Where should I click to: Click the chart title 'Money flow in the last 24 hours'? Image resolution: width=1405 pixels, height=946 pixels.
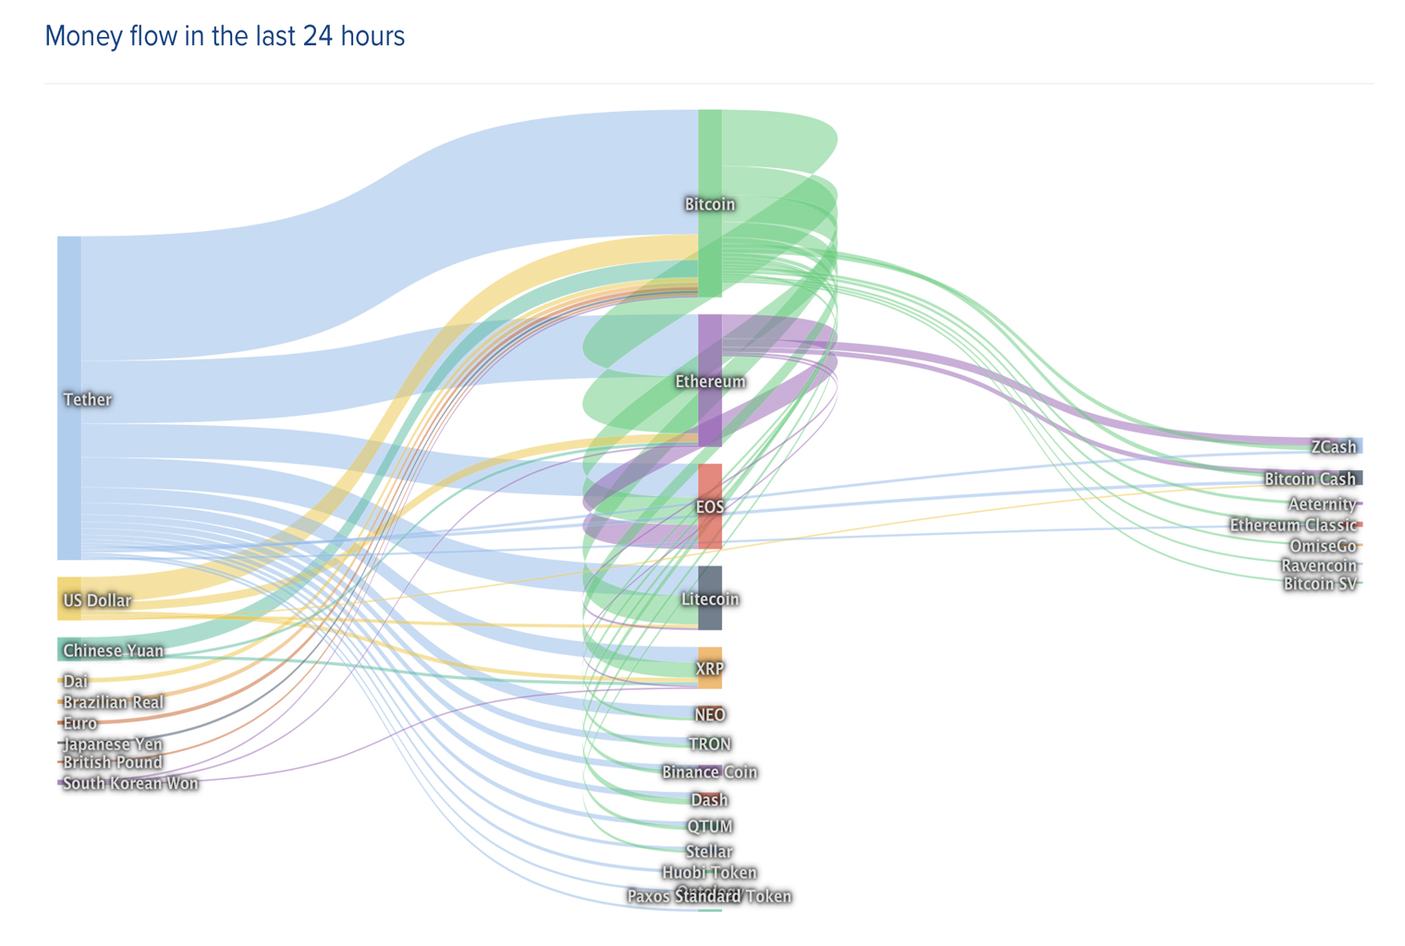point(225,36)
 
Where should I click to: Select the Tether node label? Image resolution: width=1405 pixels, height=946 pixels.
point(87,399)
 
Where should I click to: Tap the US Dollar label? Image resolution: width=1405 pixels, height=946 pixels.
point(97,600)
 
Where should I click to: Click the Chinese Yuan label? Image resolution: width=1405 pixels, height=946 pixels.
point(113,650)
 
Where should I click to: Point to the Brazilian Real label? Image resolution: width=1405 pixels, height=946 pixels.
point(113,702)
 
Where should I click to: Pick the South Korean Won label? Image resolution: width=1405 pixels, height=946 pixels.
point(130,783)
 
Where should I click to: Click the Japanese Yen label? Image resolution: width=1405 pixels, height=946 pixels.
point(113,744)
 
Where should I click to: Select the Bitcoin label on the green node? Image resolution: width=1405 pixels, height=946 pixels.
point(710,204)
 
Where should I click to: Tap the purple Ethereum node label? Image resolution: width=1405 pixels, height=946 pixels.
point(710,382)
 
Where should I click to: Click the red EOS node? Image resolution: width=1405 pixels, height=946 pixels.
point(710,506)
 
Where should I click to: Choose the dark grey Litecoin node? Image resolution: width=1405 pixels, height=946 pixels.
point(710,599)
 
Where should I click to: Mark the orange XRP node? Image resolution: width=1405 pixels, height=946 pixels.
point(710,668)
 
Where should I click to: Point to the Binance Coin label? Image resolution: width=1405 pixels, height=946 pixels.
point(710,772)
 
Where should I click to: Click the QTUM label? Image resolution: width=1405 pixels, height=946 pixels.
point(710,826)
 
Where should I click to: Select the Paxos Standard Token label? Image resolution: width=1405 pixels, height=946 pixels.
point(710,897)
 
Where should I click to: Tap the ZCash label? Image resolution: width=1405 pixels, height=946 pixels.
point(1334,447)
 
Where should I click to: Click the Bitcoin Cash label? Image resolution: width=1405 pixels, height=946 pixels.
point(1310,479)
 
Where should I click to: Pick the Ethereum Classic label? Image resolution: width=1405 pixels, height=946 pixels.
point(1292,526)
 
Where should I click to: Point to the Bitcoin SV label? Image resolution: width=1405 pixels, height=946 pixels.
point(1319,584)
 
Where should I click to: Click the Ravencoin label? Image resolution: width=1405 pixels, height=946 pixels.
point(1318,565)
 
